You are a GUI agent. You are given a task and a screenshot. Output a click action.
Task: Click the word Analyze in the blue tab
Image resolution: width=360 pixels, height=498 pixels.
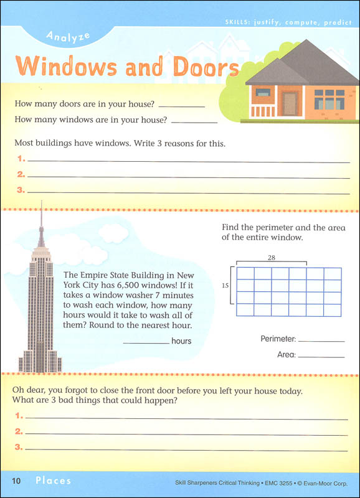pyautogui.click(x=69, y=37)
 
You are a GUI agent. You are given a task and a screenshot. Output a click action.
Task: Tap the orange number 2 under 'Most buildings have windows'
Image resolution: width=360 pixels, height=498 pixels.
pyautogui.click(x=21, y=175)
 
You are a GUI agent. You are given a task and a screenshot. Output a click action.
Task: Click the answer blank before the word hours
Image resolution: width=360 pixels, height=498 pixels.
pyautogui.click(x=146, y=342)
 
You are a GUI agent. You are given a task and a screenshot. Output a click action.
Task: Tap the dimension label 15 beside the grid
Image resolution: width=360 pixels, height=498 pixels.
pyautogui.click(x=225, y=285)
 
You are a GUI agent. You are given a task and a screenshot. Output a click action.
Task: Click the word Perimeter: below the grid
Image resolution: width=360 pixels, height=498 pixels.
pyautogui.click(x=278, y=340)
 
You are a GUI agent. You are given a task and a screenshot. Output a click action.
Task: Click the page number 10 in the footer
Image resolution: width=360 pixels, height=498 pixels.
pyautogui.click(x=17, y=481)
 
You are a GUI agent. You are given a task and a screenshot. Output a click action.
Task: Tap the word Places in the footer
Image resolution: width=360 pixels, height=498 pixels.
pyautogui.click(x=53, y=481)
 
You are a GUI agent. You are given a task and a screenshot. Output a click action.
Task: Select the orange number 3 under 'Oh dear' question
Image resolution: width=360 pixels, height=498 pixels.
pyautogui.click(x=19, y=447)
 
